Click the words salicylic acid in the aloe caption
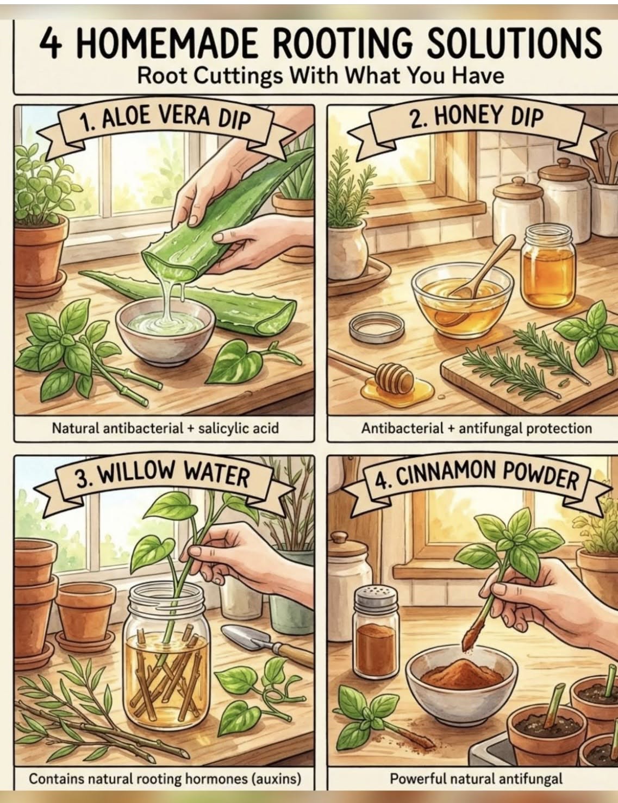click(239, 429)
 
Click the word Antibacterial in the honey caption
click(402, 429)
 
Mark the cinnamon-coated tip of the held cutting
click(472, 635)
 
